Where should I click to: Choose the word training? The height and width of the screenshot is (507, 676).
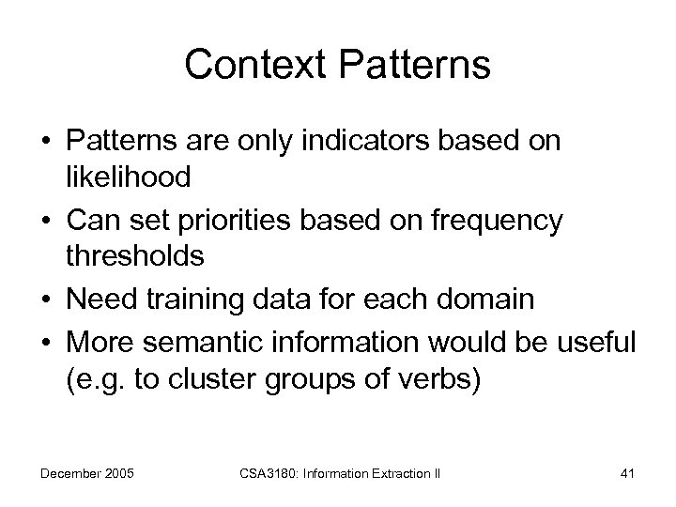(201, 300)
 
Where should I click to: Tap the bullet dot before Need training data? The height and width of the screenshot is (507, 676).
(45, 301)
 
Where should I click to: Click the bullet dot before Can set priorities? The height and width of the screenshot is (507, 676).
(45, 222)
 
